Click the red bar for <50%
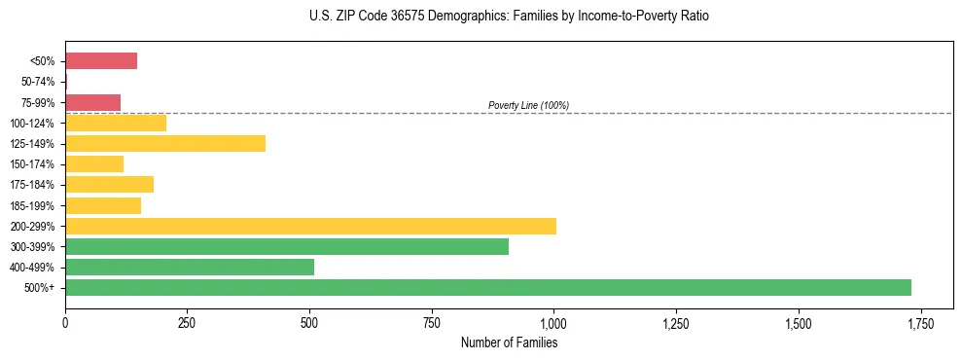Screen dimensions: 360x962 (x=101, y=61)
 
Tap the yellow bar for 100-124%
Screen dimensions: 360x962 (x=116, y=123)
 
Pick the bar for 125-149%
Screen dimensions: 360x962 (x=165, y=144)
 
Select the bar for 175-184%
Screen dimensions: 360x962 (x=109, y=185)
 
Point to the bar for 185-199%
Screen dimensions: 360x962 (x=103, y=205)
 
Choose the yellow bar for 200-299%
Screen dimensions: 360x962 (x=310, y=226)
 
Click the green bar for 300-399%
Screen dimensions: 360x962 (x=287, y=246)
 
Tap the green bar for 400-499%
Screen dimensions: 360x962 (x=190, y=267)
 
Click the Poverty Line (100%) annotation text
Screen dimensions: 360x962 (x=528, y=105)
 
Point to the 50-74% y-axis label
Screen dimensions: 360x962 (x=38, y=82)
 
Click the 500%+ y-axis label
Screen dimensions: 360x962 (x=41, y=288)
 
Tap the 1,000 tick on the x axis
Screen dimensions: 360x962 (x=553, y=323)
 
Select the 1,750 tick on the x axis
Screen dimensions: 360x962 (x=920, y=323)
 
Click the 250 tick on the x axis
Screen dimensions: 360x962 (x=188, y=323)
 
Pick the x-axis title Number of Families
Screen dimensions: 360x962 (x=509, y=342)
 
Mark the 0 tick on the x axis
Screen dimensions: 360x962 (x=65, y=323)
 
